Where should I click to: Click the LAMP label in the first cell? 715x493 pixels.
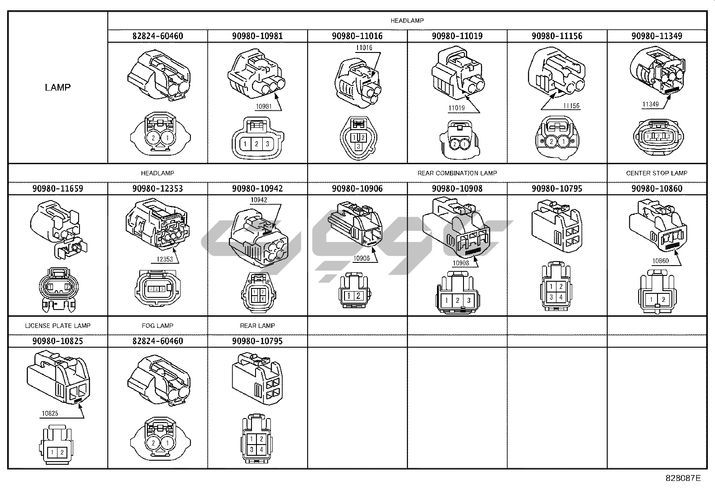pos(57,87)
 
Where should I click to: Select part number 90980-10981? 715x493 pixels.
pos(257,36)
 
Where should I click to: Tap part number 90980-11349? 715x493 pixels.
pos(657,36)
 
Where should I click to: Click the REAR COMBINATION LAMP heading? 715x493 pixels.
pos(457,173)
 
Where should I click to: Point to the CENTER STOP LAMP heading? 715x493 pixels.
pos(656,173)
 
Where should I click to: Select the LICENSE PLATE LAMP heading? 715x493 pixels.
pos(57,326)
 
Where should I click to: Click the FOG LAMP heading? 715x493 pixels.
pos(157,326)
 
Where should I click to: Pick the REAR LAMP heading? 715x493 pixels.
pos(257,326)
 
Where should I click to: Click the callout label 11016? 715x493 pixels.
pos(364,48)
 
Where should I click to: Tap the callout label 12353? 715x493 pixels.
pos(164,259)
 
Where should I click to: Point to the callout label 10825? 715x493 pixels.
pos(50,414)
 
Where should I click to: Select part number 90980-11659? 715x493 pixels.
pos(57,188)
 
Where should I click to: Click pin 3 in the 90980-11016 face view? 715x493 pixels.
pos(358,146)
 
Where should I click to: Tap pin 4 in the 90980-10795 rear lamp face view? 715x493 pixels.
pos(261,449)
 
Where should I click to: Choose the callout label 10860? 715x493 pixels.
pos(660,261)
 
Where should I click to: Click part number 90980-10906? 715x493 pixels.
pos(357,188)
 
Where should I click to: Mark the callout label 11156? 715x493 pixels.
pos(571,106)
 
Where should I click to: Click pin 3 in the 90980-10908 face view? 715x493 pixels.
pos(468,301)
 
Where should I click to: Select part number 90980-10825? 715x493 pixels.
pos(57,341)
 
